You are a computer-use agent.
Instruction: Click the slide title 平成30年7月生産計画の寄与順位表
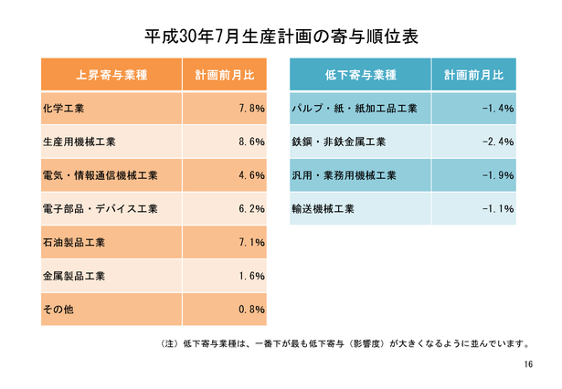click(281, 37)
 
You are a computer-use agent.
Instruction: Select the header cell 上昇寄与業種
click(111, 75)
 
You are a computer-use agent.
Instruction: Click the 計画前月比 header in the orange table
click(225, 75)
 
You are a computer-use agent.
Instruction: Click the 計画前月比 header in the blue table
click(473, 75)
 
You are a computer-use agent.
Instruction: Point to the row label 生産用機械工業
click(80, 142)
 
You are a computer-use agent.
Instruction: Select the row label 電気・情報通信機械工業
click(101, 175)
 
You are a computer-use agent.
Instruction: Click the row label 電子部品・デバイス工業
click(101, 209)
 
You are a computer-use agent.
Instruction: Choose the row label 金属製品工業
click(74, 276)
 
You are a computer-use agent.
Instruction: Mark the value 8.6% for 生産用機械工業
click(250, 142)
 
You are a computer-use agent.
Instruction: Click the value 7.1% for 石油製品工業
click(250, 242)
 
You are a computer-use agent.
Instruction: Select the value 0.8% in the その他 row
click(250, 310)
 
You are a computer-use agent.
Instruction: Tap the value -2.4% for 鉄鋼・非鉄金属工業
click(498, 142)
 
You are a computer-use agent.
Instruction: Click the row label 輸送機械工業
click(323, 209)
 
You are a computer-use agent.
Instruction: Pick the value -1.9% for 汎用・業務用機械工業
click(498, 175)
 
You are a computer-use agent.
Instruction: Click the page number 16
click(529, 364)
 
